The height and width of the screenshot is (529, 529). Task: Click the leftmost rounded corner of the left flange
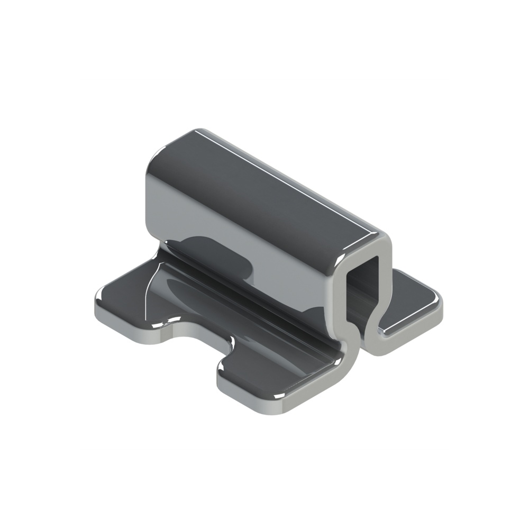(x=97, y=307)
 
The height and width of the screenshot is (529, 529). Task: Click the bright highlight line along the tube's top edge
(x=296, y=180)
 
